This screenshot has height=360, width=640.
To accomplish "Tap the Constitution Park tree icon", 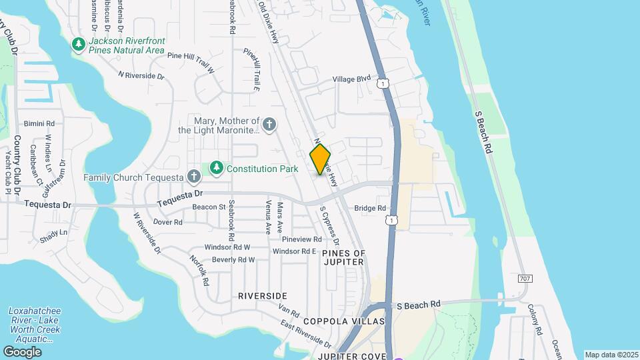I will coord(216,168).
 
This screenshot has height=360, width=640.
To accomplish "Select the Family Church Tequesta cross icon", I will coord(193,177).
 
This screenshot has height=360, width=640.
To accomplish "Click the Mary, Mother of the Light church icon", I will coord(269,124).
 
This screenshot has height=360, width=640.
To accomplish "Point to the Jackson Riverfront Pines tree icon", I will coord(79,45).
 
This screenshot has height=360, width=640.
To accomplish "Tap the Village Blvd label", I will coord(351,79).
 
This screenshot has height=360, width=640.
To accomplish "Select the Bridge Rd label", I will coord(370,208).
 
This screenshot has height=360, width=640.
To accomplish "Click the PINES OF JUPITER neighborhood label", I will coord(343,257).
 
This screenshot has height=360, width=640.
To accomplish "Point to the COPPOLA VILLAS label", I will coord(344,321).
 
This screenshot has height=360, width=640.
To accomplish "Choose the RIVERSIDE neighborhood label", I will coord(262,295).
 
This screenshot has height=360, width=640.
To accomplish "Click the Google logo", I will coord(22,351).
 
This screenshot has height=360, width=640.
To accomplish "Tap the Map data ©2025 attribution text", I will coord(611,355).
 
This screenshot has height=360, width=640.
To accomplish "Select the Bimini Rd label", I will coord(39,123).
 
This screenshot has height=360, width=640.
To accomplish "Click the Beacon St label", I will coord(209,207).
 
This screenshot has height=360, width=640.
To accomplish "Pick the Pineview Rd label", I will coord(301,239).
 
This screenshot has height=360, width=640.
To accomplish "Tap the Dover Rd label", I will coord(167,222).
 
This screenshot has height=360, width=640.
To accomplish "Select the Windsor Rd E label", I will coord(294,251).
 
